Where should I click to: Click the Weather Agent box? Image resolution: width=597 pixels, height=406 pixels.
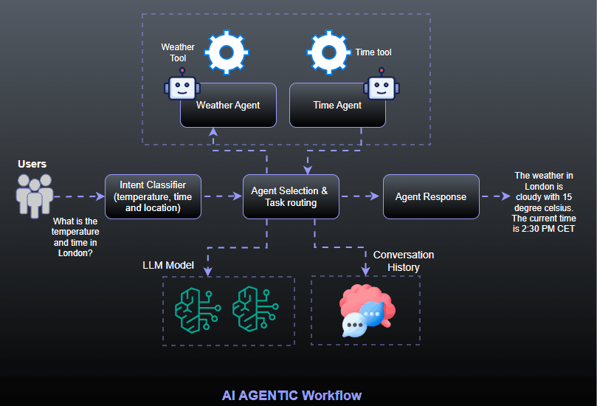point(228,105)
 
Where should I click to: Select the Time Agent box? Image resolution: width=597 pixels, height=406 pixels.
point(337,105)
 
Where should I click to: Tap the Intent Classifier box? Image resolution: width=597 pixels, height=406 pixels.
point(153,196)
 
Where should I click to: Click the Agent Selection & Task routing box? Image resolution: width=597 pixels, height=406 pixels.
point(291,196)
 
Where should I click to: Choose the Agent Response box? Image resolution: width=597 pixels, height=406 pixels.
point(431,196)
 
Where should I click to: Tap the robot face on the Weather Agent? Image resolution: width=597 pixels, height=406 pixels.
point(181,87)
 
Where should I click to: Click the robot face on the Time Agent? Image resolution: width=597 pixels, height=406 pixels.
point(381,87)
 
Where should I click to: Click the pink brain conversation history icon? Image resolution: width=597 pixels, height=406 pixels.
point(366,309)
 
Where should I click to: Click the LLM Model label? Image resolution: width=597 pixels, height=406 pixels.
point(168,265)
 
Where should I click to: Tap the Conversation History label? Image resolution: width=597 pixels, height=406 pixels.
point(403,261)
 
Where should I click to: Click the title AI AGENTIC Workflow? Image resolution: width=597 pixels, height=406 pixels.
point(291,395)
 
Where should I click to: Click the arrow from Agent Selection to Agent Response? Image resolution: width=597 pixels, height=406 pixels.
point(361,196)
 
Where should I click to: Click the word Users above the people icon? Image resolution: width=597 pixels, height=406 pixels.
point(32,163)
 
